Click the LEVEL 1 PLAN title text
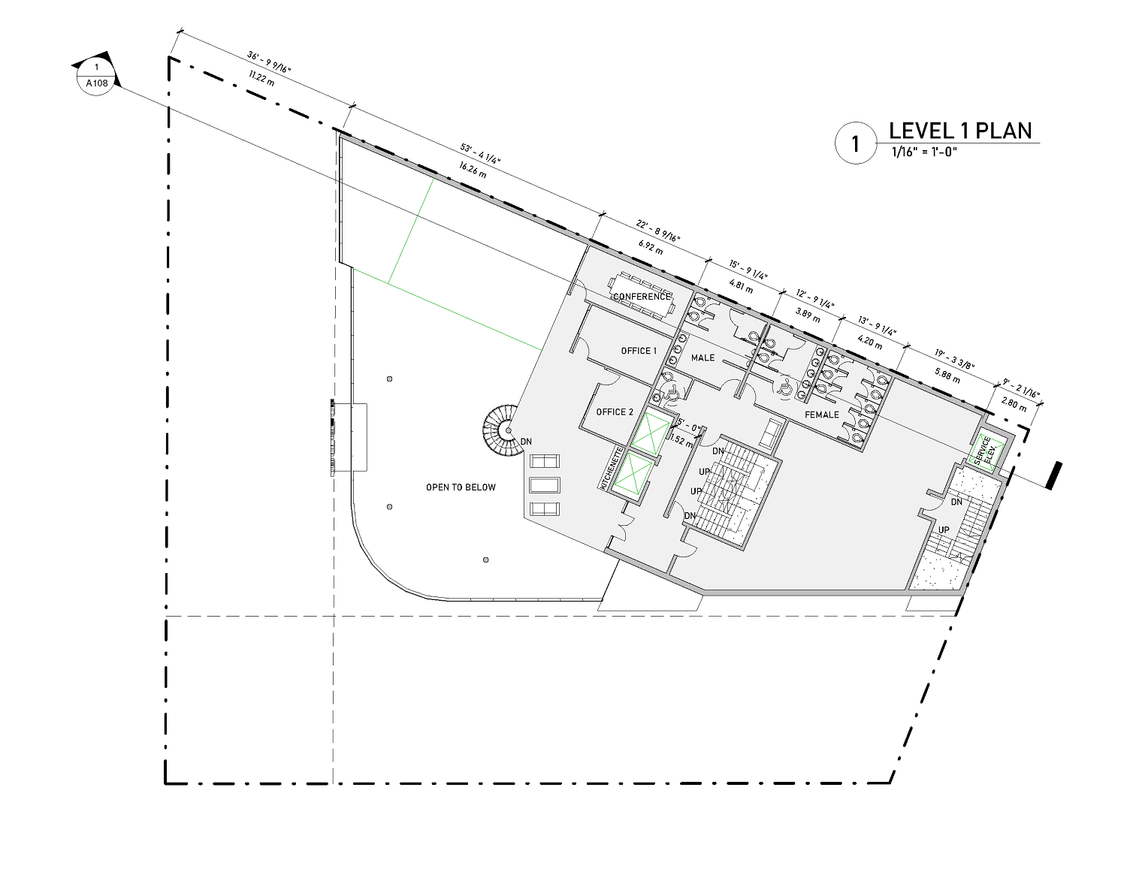pos(960,131)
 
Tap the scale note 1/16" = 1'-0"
pos(924,152)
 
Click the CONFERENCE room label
pos(642,297)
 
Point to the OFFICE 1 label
pos(639,351)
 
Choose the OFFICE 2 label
pos(615,412)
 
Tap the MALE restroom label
pos(702,357)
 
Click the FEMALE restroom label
pos(822,415)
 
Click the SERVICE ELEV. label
pos(985,451)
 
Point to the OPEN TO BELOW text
pos(461,487)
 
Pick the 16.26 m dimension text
pos(473,170)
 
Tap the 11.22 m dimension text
pos(261,79)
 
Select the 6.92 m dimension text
pos(651,247)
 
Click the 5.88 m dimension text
pos(947,376)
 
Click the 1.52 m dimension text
pos(681,440)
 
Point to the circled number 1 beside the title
pos(855,143)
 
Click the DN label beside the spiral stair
pos(526,442)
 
